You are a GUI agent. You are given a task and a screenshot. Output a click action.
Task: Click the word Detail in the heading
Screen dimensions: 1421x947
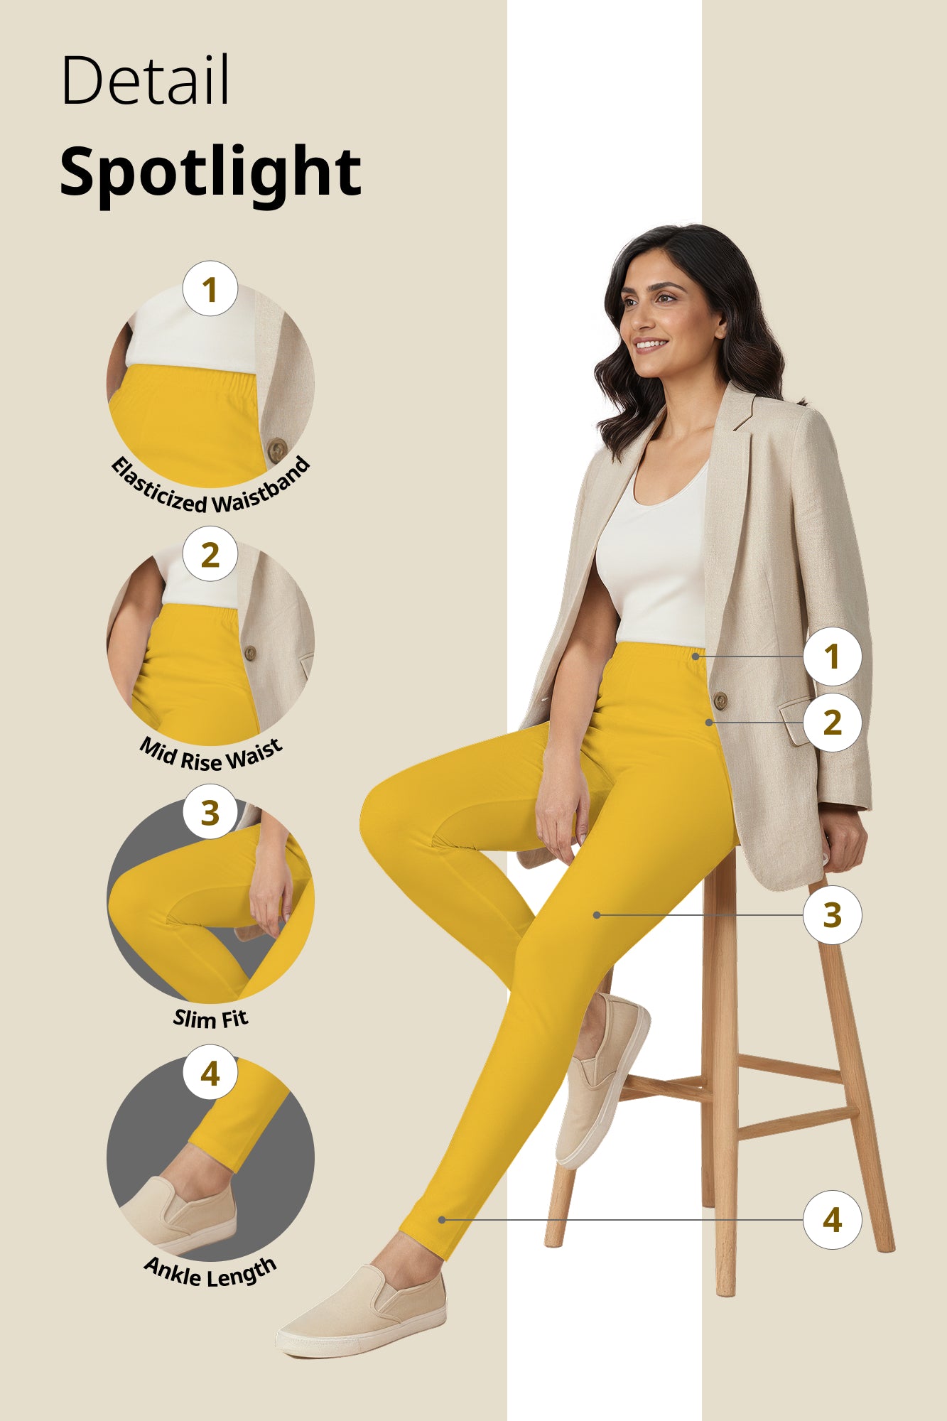tap(146, 80)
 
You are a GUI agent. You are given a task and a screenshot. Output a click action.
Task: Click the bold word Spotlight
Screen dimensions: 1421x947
tap(210, 172)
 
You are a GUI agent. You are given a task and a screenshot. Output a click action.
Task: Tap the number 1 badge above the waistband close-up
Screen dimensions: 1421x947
tap(210, 289)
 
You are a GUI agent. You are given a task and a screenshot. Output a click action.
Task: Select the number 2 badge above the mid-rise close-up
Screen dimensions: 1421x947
tap(210, 554)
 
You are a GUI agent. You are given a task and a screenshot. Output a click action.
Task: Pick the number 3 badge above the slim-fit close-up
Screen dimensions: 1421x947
tap(210, 812)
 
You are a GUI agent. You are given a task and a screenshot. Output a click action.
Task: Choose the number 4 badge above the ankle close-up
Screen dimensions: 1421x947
tap(210, 1073)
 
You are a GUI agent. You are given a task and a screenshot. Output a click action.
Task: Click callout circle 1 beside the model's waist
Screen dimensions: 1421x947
tap(832, 657)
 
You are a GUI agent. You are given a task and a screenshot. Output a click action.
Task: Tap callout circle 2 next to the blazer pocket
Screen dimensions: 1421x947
tap(832, 723)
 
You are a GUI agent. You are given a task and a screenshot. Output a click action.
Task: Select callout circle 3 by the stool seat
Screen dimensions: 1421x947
tap(832, 915)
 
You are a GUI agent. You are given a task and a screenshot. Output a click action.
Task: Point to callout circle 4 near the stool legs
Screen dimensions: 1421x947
tap(832, 1220)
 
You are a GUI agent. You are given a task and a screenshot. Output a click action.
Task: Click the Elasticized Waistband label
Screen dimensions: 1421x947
tap(210, 490)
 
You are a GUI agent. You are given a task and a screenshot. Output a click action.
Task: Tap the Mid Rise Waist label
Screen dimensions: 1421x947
tap(210, 755)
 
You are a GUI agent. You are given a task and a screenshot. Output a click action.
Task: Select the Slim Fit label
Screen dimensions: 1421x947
tap(210, 1019)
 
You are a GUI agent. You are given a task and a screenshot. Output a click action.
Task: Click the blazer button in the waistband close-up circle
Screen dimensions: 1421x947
tap(276, 449)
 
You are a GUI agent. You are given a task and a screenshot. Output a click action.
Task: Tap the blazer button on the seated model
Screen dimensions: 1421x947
tap(720, 701)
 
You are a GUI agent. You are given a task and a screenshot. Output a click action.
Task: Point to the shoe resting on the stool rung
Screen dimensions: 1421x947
tap(601, 1080)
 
